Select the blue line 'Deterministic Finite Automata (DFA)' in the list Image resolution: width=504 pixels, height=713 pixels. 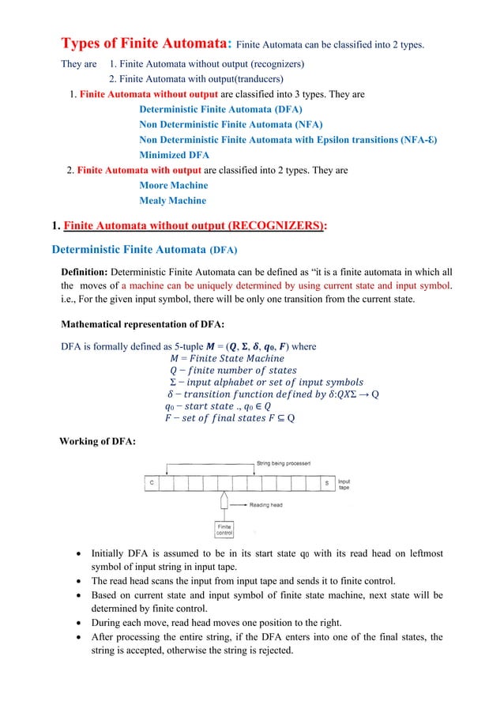(220, 110)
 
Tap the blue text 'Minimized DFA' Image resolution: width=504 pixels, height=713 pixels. (174, 155)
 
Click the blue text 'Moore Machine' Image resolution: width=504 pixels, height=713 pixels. (173, 186)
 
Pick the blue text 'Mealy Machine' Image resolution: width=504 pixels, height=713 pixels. (172, 201)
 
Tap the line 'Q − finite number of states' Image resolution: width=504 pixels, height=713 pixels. (233, 370)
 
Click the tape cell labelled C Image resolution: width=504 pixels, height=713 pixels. (152, 481)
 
